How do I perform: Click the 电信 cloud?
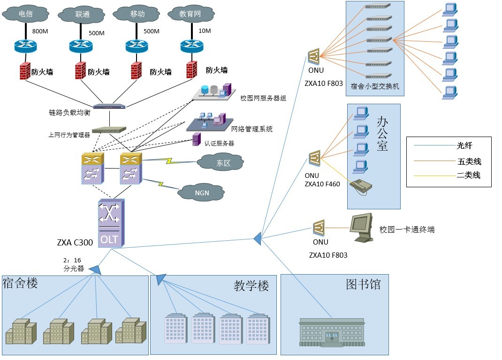coord(25,14)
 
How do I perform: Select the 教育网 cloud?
coord(190,14)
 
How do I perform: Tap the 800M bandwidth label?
coord(40,32)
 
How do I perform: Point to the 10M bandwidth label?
coord(205,31)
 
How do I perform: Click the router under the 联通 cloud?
coord(81,46)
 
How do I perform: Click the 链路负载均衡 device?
coord(109,107)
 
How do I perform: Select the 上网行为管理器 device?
coord(109,130)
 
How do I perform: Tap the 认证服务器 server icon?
coord(197,139)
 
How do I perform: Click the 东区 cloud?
coord(221,163)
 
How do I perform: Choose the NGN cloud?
coord(202,192)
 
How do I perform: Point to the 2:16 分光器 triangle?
coord(95,269)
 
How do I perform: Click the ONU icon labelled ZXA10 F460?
coord(314,158)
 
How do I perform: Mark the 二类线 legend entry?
coord(469,176)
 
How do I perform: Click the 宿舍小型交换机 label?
coord(371,86)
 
